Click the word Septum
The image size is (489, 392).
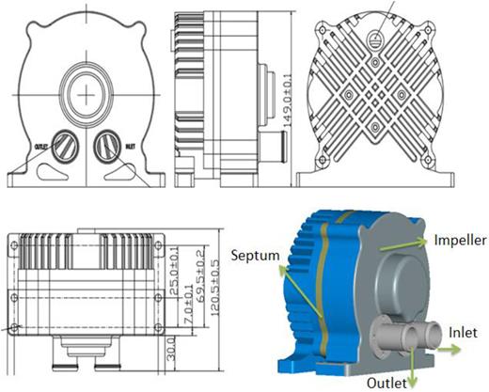point(254,253)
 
